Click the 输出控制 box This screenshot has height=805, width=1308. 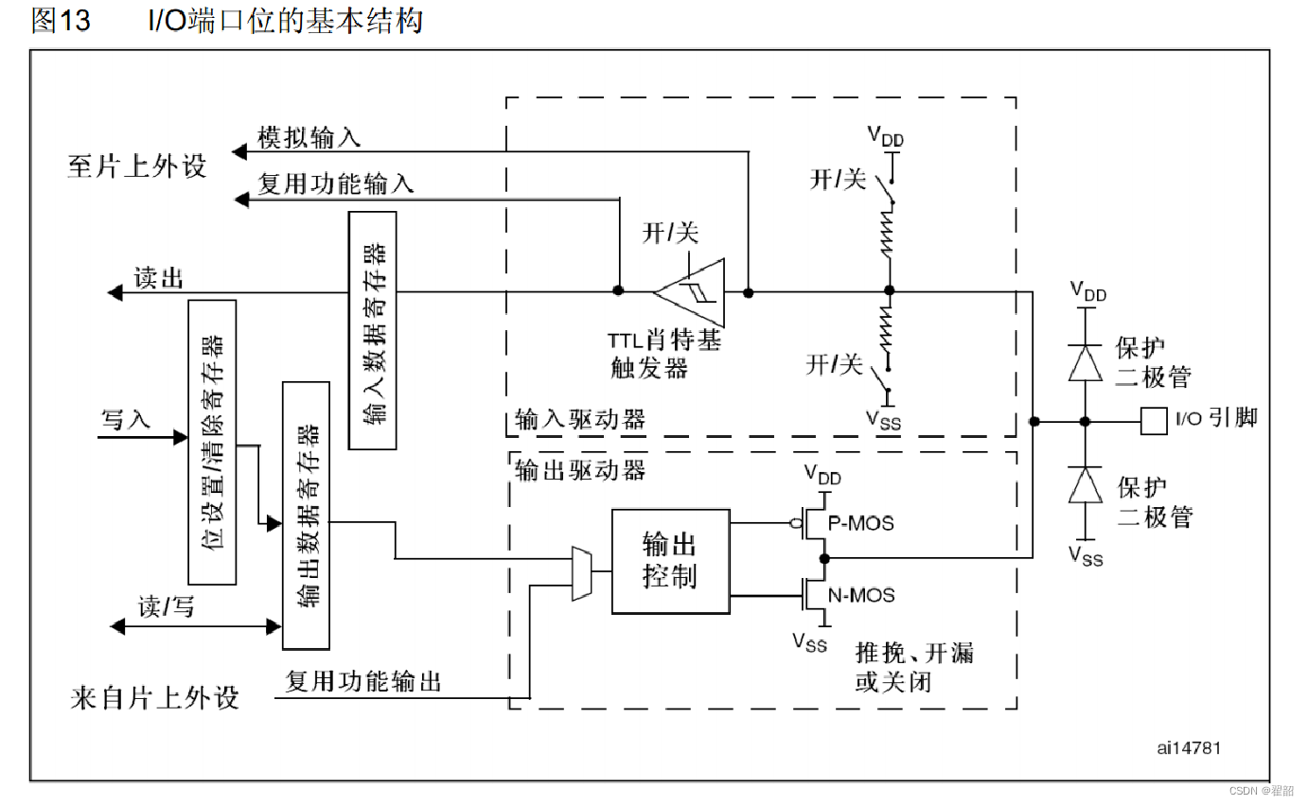(670, 561)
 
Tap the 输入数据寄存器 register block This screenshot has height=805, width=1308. (372, 330)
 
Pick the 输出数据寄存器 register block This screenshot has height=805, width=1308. (306, 516)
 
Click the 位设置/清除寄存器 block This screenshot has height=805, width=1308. (212, 442)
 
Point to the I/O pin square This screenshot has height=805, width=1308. (1154, 420)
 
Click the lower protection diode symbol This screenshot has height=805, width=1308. (1086, 485)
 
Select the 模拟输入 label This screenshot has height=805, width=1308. (309, 138)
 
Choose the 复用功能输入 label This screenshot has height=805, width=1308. (336, 184)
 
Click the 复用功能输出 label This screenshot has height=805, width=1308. (363, 681)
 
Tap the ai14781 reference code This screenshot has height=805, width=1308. (1189, 747)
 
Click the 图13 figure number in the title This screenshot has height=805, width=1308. (61, 21)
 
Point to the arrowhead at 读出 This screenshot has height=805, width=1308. (115, 293)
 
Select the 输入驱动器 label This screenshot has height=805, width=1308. (580, 419)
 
